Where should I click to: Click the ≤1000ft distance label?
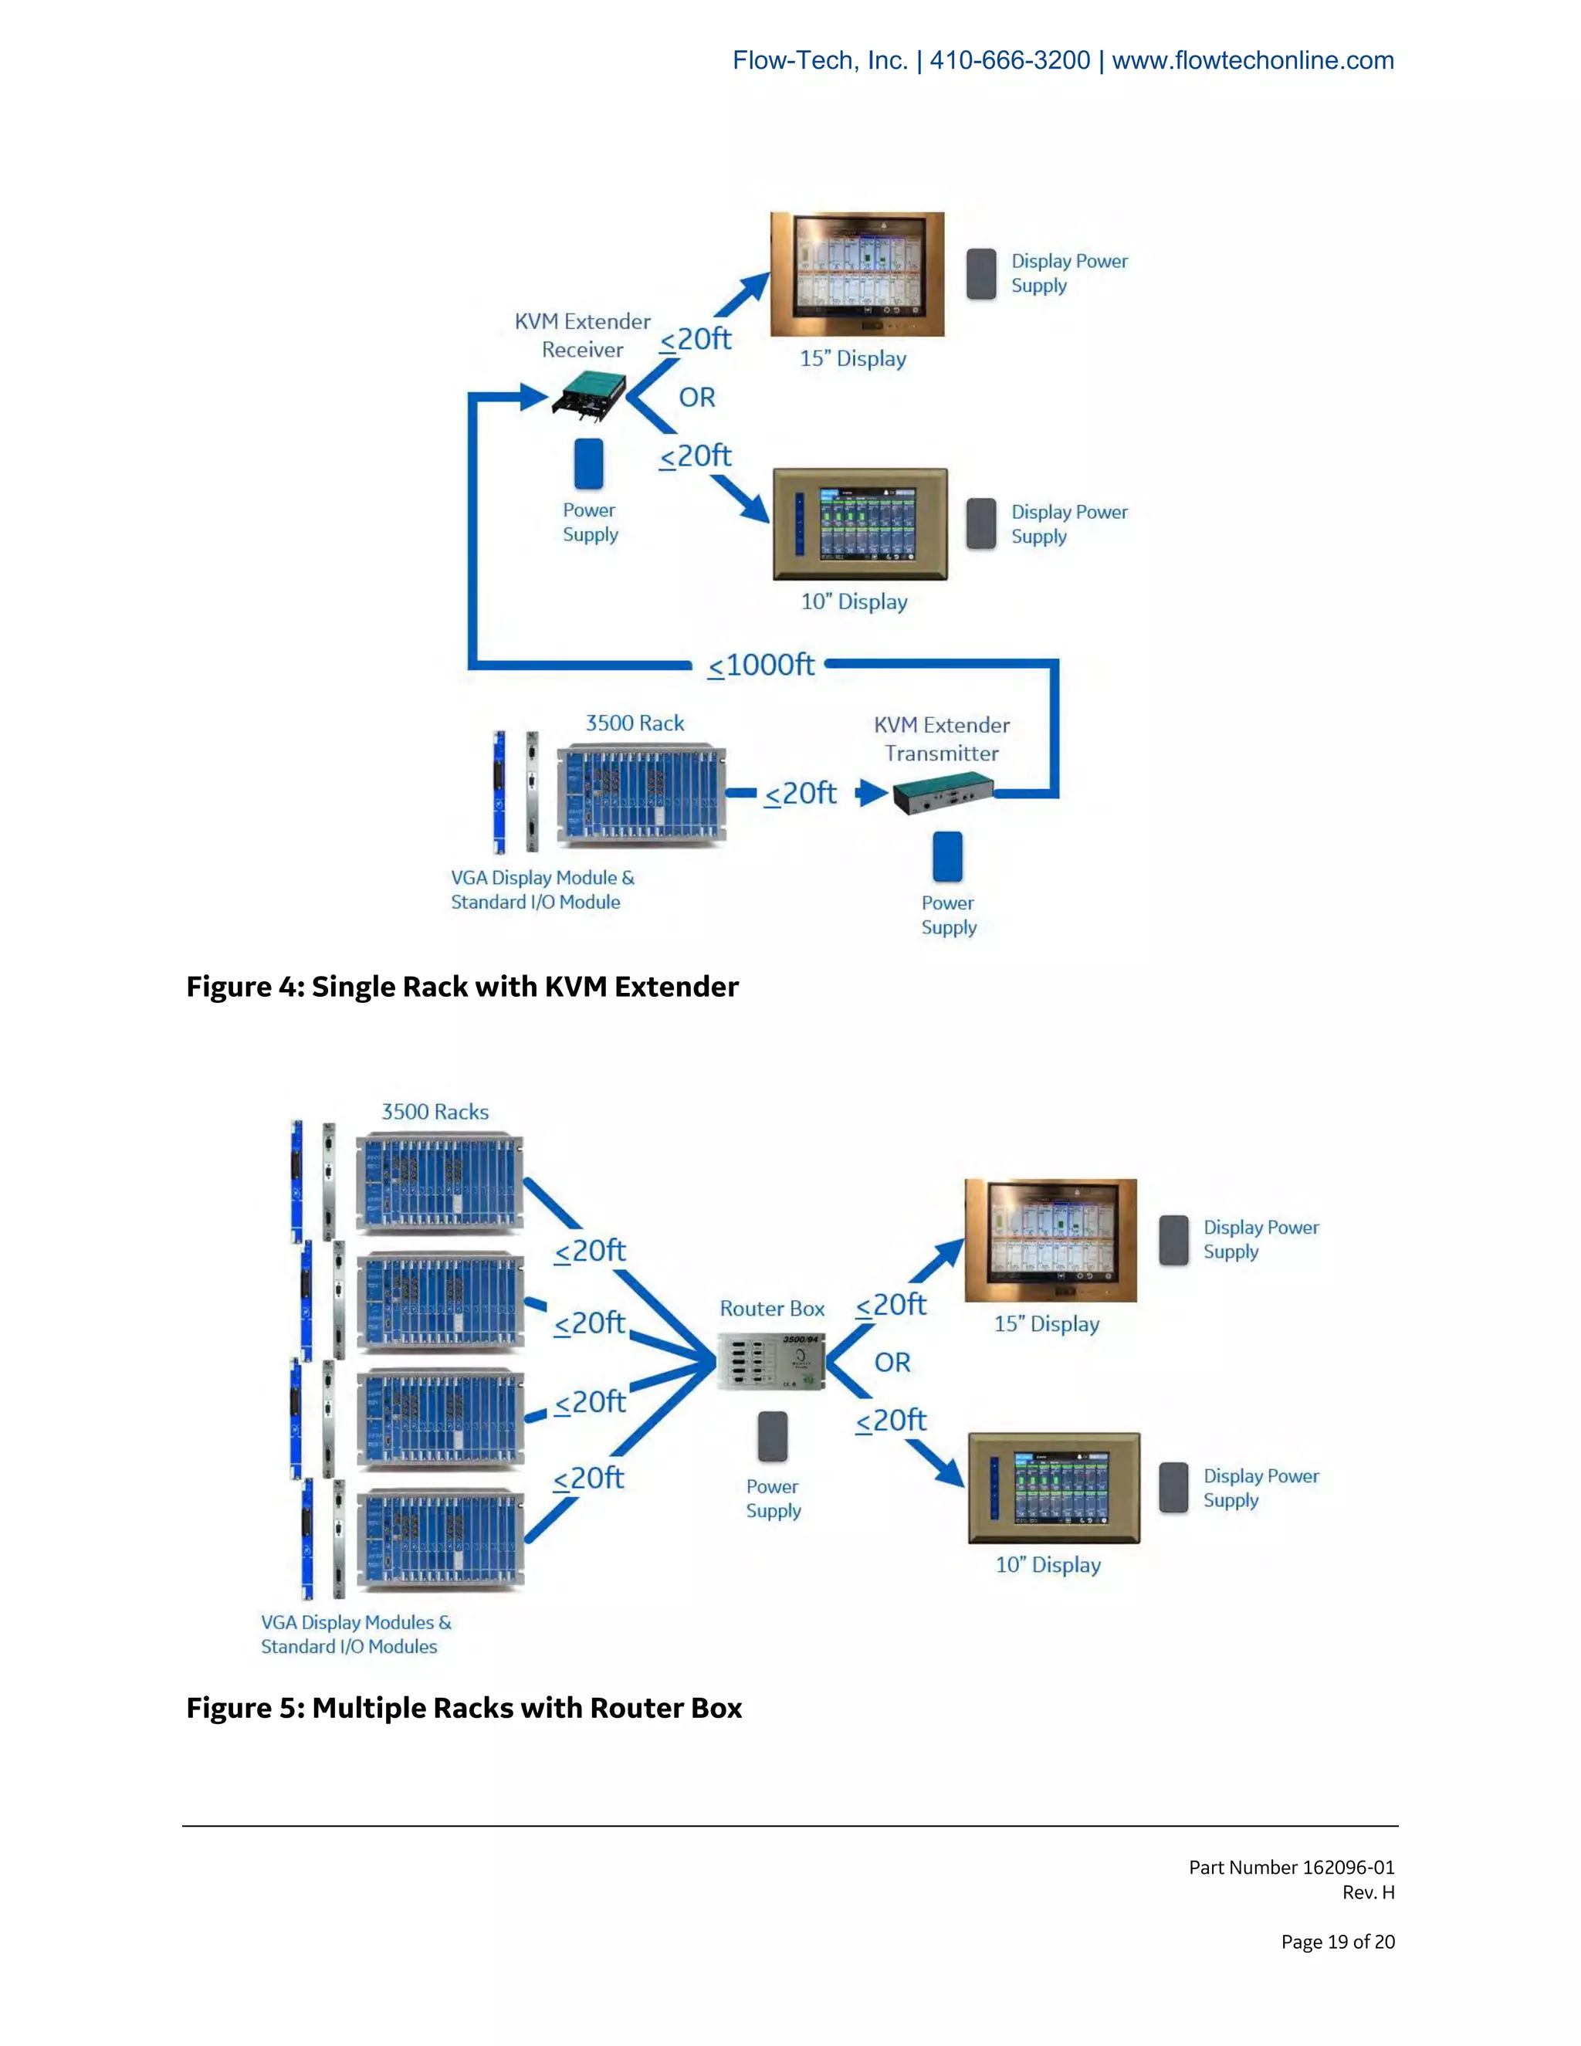(760, 665)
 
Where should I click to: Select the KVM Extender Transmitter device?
(943, 794)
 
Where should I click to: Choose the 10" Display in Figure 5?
(1054, 1488)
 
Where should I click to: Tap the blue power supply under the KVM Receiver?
(588, 464)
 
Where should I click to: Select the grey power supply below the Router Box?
(773, 1436)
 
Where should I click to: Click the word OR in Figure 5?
(892, 1362)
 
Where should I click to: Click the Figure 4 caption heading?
(462, 987)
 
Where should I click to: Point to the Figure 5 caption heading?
(464, 1708)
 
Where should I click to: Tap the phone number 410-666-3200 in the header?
(1010, 61)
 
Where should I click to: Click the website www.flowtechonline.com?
(1252, 61)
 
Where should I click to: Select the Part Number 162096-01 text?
(1291, 1867)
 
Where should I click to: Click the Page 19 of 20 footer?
(1338, 1942)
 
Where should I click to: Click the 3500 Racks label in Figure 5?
(435, 1112)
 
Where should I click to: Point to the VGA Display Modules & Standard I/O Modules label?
(355, 1634)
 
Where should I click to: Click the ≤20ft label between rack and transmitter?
(800, 794)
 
